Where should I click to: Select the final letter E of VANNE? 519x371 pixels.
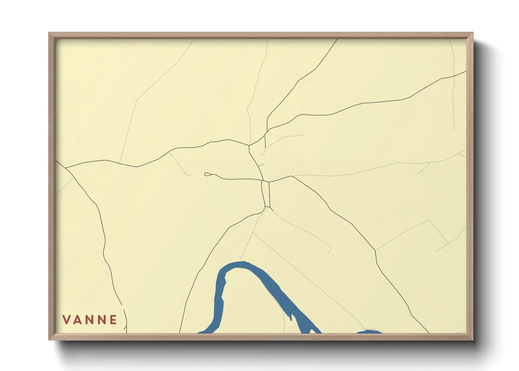pos(113,319)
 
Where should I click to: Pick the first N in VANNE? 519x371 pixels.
pos(90,319)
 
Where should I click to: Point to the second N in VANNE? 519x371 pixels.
pos(102,319)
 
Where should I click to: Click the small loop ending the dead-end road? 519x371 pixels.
pos(207,174)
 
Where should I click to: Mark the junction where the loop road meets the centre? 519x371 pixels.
pos(262,181)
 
